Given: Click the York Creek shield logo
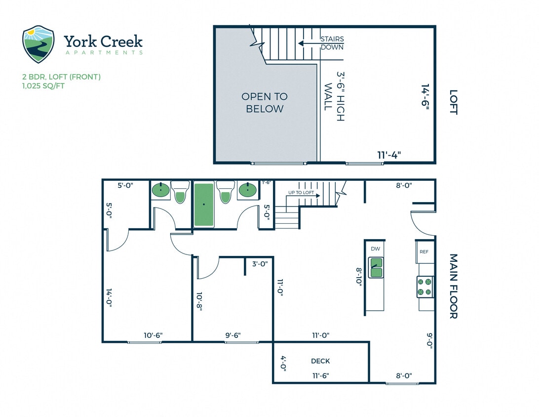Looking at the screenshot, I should click(38, 44).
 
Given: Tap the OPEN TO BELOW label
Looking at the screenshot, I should click(265, 103).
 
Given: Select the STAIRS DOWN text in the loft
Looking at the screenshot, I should click(332, 43).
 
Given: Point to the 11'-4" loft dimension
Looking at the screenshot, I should click(389, 155).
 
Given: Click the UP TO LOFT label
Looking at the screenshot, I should click(301, 193).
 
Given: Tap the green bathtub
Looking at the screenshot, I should click(204, 205).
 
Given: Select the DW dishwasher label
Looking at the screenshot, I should click(375, 249).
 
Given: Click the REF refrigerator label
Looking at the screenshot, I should click(424, 251).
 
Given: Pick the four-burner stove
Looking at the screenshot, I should click(425, 287).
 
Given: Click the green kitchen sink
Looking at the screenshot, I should click(376, 267).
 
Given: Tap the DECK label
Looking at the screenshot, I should click(320, 361).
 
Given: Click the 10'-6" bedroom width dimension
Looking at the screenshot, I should click(153, 335).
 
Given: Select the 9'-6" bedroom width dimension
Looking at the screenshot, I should click(233, 335).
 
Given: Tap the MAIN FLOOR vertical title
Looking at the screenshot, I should click(454, 286).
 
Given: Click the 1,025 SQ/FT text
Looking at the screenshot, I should click(43, 86).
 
